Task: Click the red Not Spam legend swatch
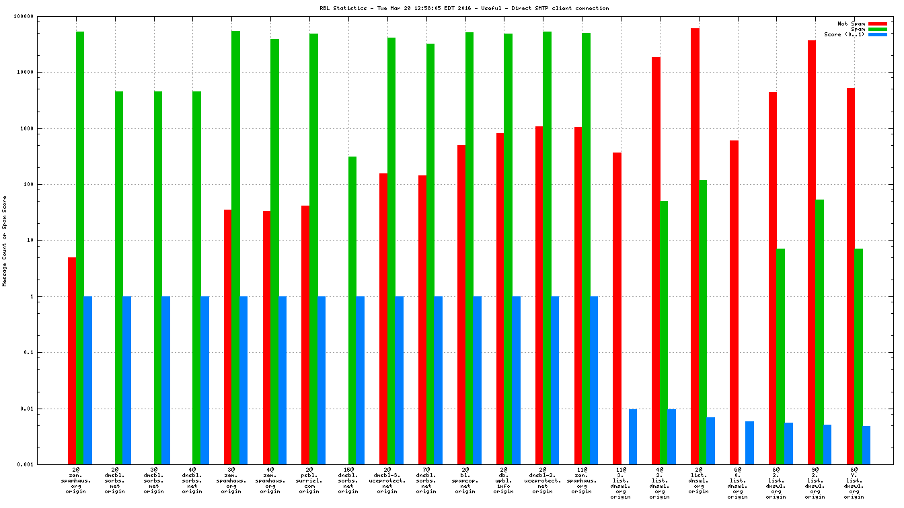[x=878, y=24]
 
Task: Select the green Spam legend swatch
[x=878, y=29]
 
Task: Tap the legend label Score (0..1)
[x=845, y=34]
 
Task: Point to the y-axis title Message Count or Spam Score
[x=5, y=241]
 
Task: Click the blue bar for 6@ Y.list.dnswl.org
[x=866, y=445]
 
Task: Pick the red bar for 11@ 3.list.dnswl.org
[x=617, y=308]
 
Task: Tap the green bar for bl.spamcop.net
[x=469, y=248]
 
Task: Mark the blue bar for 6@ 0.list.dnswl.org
[x=749, y=443]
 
